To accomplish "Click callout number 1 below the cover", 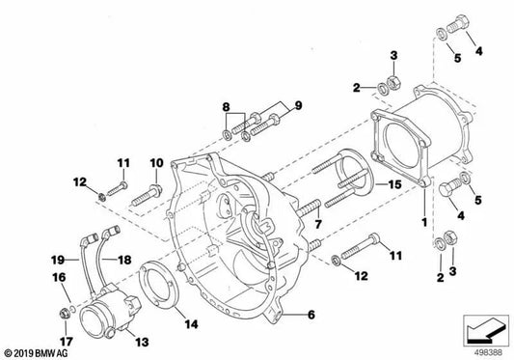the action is tap(424, 222).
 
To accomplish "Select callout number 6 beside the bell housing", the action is tap(311, 315).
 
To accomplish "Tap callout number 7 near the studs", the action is tap(318, 224).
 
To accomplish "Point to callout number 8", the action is tap(226, 107).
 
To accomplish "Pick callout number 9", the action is tap(298, 105).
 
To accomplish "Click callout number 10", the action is tap(156, 163).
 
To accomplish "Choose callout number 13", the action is tap(142, 342).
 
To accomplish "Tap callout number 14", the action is tap(192, 324).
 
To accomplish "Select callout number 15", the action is tap(394, 184).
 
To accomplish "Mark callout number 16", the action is tap(59, 278).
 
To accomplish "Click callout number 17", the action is tap(66, 342).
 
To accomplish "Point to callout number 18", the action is tap(124, 260).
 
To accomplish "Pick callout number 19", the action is tap(58, 261).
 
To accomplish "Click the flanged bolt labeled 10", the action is tap(146, 195).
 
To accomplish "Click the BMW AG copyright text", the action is tap(36, 353).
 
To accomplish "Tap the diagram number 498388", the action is tap(488, 353).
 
